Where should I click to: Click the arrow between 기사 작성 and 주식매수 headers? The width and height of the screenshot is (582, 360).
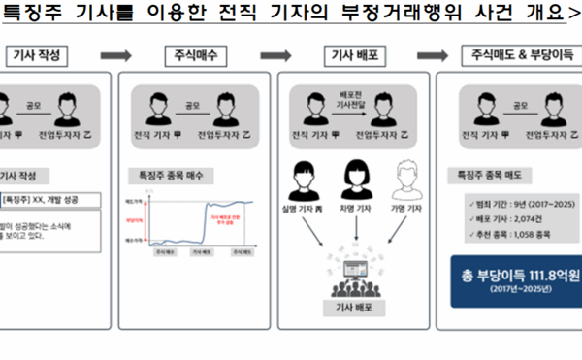[x=115, y=56]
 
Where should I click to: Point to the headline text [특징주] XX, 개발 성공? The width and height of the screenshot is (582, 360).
[x=44, y=200]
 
